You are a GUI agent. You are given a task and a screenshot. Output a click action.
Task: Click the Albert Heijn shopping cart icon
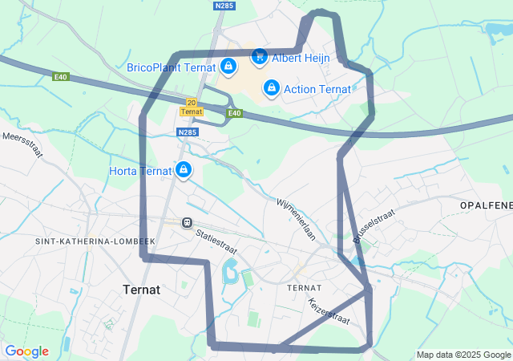pyautogui.click(x=259, y=56)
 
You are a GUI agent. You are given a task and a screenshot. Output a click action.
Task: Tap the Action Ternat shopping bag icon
pyautogui.click(x=271, y=87)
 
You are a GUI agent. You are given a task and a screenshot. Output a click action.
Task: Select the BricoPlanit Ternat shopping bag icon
pyautogui.click(x=228, y=66)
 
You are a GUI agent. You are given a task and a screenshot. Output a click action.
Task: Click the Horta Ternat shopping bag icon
pyautogui.click(x=184, y=169)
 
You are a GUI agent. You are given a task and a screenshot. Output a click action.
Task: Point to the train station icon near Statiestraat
pyautogui.click(x=187, y=222)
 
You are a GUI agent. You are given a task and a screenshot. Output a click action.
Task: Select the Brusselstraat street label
pyautogui.click(x=369, y=227)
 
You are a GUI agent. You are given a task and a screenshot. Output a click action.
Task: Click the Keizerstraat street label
pyautogui.click(x=329, y=311)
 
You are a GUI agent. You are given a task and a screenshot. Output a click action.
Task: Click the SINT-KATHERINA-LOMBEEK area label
pyautogui.click(x=95, y=241)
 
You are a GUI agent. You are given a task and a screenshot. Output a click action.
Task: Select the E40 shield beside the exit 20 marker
pyautogui.click(x=233, y=113)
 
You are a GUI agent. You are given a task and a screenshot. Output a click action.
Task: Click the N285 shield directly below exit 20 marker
pyautogui.click(x=188, y=132)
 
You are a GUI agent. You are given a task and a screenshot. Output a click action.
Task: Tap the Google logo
pyautogui.click(x=26, y=351)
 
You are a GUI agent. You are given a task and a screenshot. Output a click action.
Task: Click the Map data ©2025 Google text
pyautogui.click(x=463, y=355)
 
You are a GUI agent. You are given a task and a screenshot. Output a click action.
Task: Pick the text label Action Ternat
pyautogui.click(x=317, y=88)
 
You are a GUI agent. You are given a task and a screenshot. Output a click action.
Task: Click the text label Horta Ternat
pyautogui.click(x=140, y=171)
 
